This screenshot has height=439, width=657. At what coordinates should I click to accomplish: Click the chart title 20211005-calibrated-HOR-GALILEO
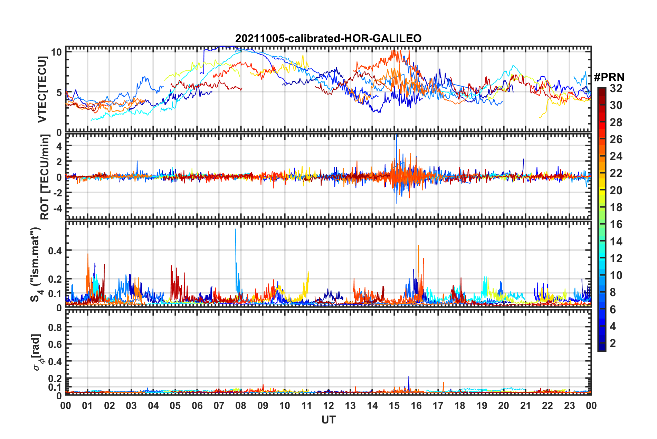point(328,38)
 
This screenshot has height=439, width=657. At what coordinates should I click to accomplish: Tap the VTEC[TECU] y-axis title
point(42,89)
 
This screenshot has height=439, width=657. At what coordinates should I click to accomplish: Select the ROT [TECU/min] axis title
point(45,177)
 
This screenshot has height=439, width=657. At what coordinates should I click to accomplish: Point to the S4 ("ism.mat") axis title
point(36,264)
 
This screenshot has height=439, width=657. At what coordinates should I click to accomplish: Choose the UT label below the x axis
point(328,420)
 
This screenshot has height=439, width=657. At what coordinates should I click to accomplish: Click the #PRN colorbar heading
point(609,77)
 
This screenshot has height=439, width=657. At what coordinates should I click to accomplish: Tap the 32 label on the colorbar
point(616,88)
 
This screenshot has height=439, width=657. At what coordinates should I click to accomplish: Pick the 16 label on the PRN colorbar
point(616,224)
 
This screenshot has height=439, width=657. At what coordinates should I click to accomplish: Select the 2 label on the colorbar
point(613,343)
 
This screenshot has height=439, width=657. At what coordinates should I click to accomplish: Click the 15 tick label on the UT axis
point(394,406)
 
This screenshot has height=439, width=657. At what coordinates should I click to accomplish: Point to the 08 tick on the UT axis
point(241,406)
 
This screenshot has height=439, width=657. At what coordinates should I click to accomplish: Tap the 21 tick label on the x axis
point(525,406)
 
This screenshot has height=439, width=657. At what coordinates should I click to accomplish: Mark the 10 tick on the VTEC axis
point(56,52)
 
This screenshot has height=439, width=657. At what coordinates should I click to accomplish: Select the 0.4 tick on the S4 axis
point(55,251)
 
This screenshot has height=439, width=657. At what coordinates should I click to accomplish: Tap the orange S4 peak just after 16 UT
point(419,246)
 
